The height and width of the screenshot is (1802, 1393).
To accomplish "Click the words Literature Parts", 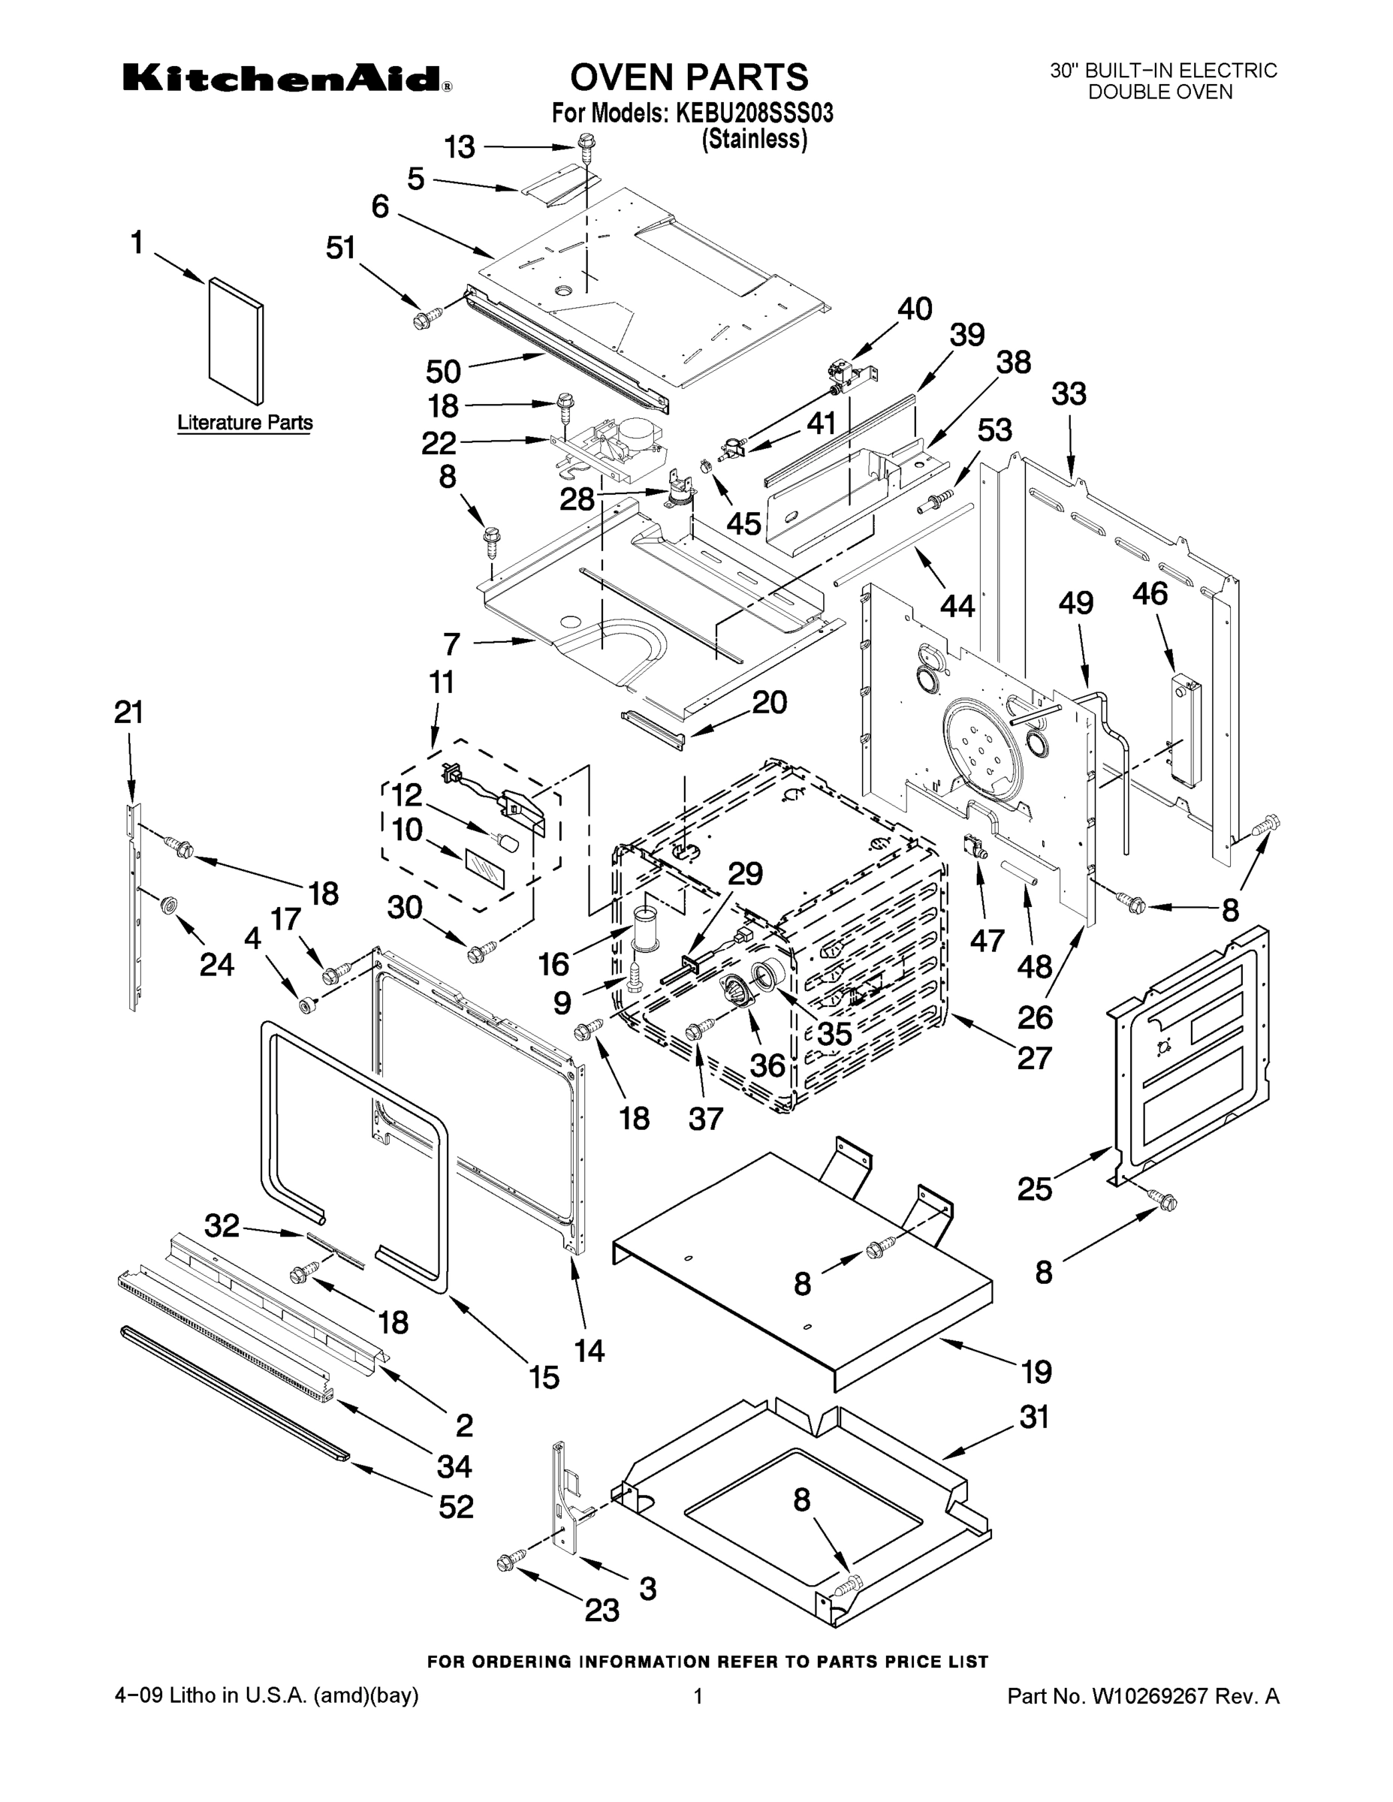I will pos(245,423).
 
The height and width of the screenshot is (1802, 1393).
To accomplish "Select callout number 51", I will pos(340,248).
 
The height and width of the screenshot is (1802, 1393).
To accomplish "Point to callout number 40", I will pos(915,309).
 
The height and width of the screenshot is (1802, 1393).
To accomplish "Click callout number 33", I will pos(1069,394).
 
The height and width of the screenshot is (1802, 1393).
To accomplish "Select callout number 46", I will pos(1150,593).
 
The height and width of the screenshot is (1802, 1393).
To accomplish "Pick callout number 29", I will pos(744,874).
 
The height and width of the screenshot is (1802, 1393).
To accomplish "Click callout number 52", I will pos(456,1507).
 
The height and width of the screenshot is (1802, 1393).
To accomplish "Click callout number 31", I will pos(1034,1417).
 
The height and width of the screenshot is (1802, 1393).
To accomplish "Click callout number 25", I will pos(1034,1189).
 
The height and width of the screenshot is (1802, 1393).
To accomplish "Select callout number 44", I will pos(957,607).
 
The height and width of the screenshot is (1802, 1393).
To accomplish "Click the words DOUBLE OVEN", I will pos(1159,92).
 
